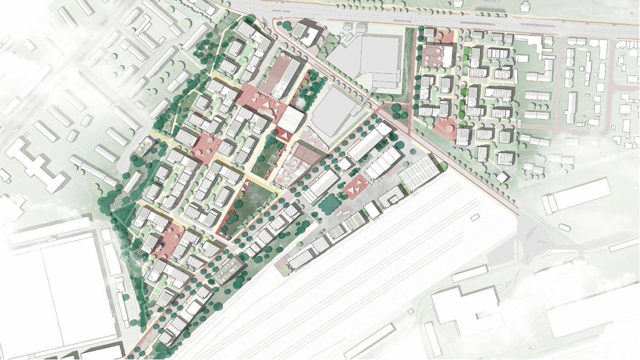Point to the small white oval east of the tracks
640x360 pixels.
pos(563,227)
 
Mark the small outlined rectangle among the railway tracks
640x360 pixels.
pos(474,217)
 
